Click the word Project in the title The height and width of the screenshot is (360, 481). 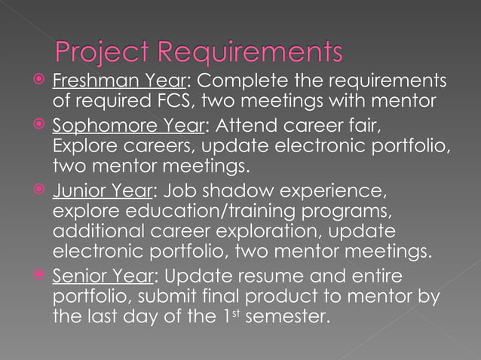(101, 53)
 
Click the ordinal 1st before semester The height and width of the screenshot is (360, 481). (233, 316)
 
